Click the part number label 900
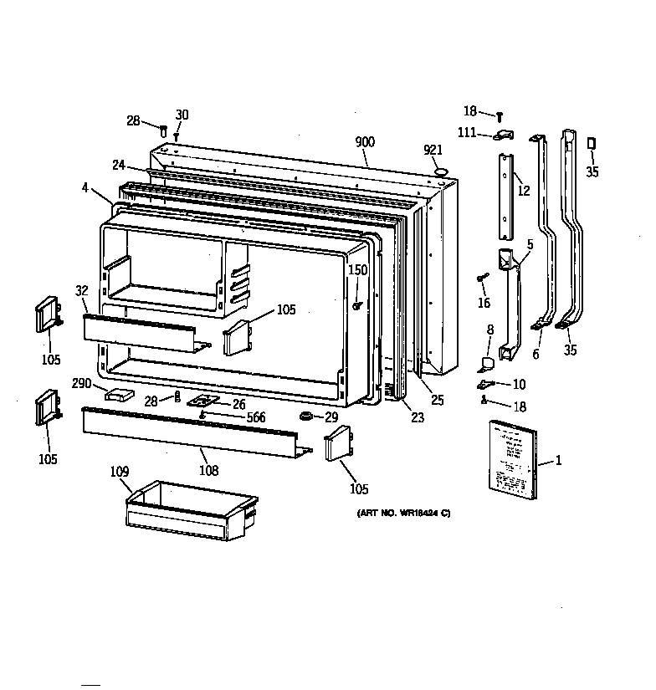(x=365, y=143)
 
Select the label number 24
(x=119, y=165)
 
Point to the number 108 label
(x=208, y=470)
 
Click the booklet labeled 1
(x=510, y=461)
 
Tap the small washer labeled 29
(x=307, y=416)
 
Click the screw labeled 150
(x=356, y=306)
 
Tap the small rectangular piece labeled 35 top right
(x=592, y=144)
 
